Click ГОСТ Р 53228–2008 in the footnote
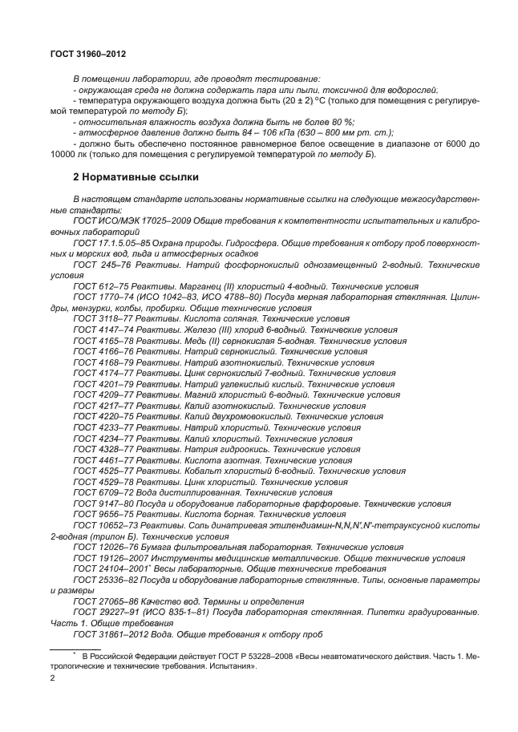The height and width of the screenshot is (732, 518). coord(239,655)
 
